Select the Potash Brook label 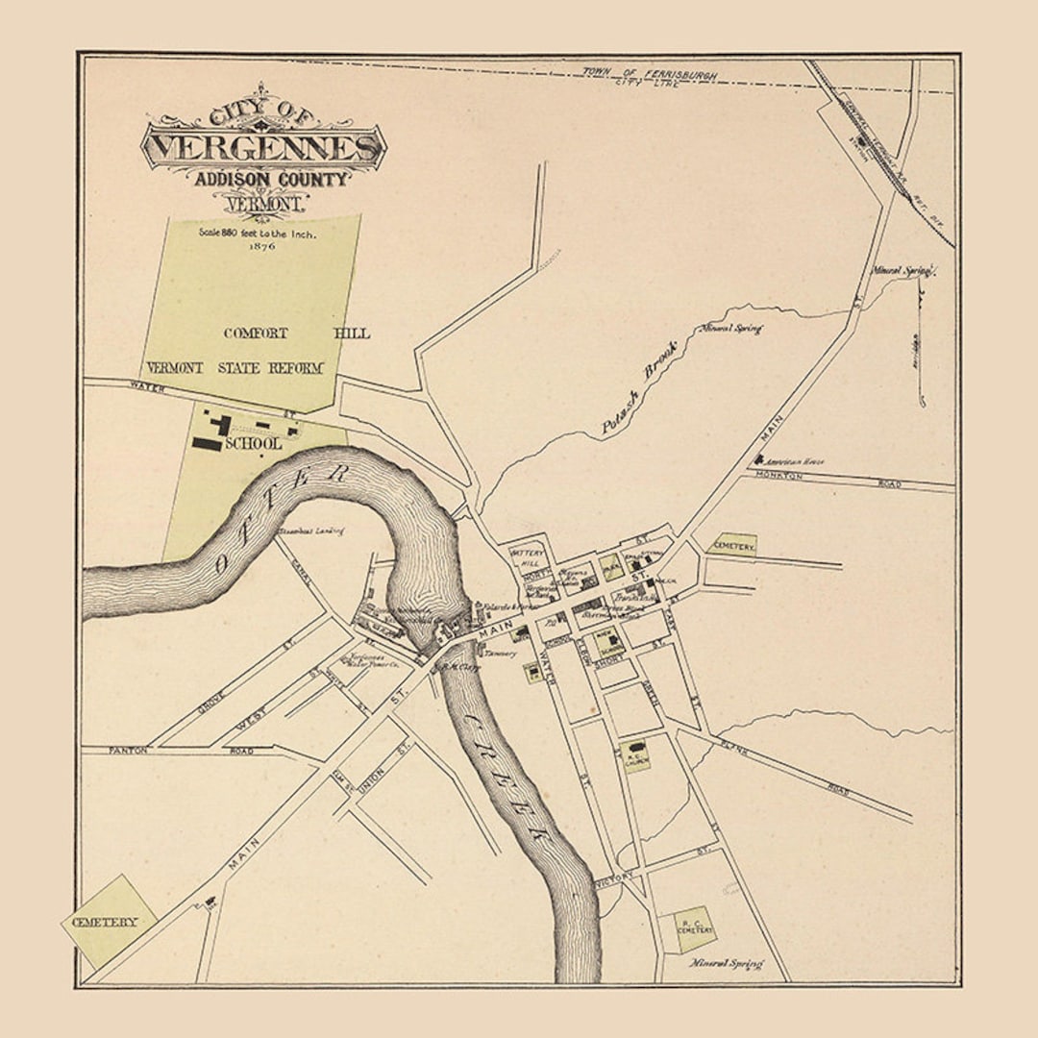639,389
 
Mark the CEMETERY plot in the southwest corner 109,922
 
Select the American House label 797,462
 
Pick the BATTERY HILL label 528,558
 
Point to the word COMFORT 256,334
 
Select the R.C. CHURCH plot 636,756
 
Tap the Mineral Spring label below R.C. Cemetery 727,963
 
